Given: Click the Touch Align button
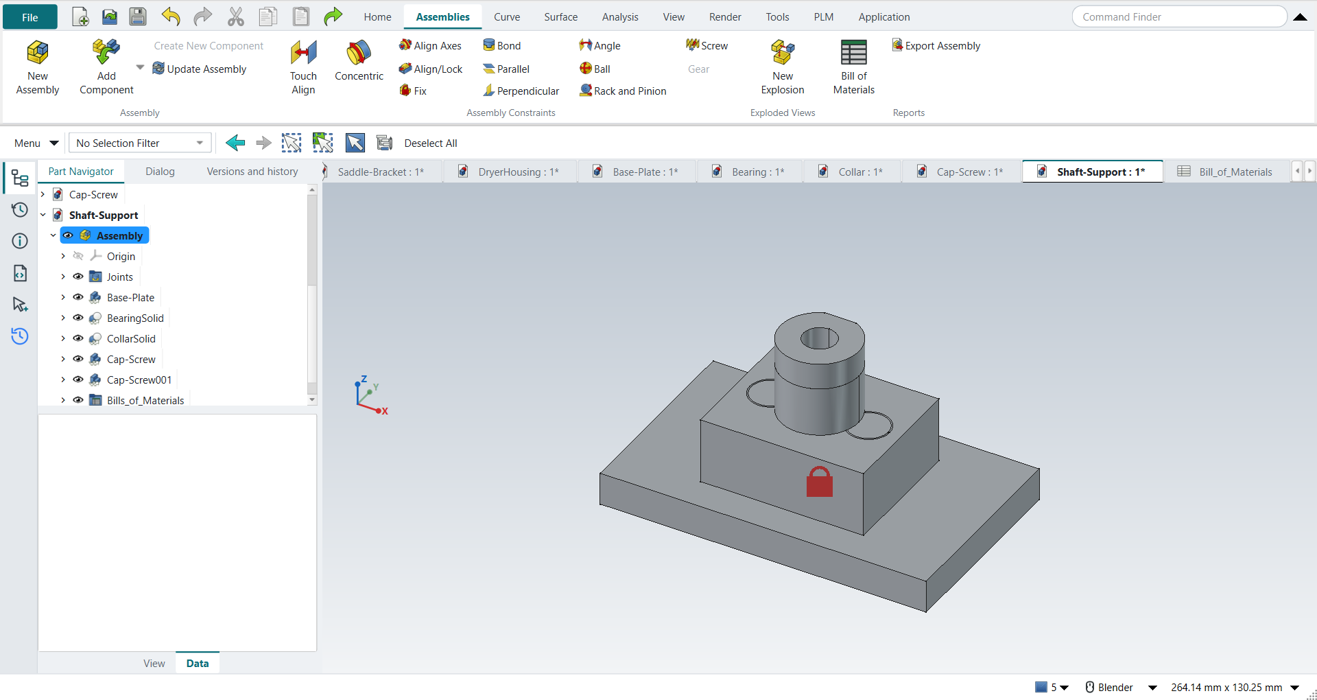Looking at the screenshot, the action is tap(303, 67).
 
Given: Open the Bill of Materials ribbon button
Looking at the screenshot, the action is tap(853, 67).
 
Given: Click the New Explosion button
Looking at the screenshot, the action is tap(783, 67).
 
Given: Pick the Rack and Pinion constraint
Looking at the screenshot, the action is tap(623, 91).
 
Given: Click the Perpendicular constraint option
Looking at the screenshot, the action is tap(521, 91).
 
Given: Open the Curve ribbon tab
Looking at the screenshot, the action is tap(507, 17).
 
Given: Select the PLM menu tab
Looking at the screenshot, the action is tap(823, 17).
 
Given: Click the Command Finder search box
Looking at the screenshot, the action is tap(1178, 17).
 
